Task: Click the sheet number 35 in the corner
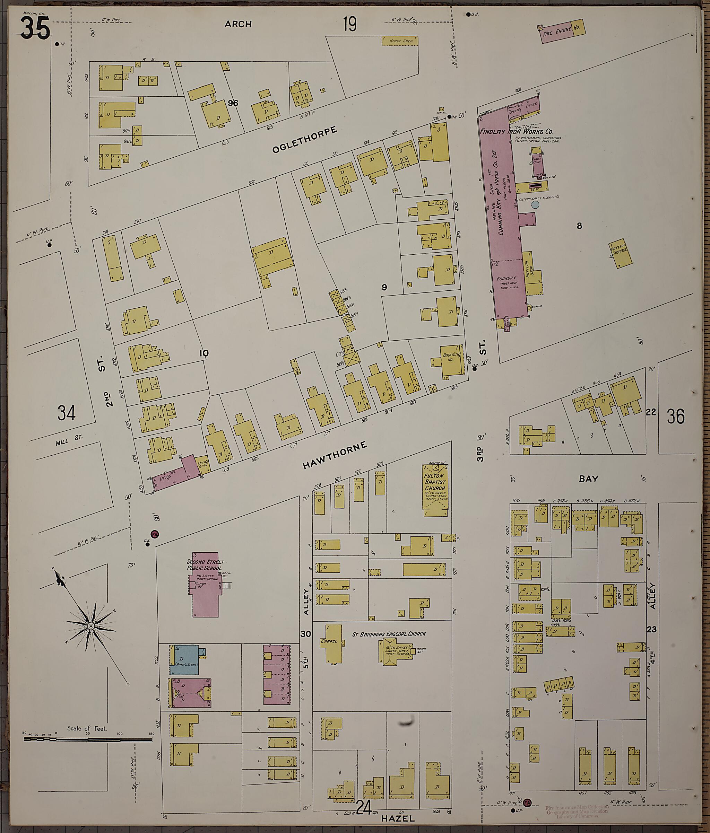(x=35, y=28)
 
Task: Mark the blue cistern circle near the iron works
(x=535, y=205)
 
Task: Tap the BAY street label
(x=589, y=479)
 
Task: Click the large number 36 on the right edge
(x=675, y=417)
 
